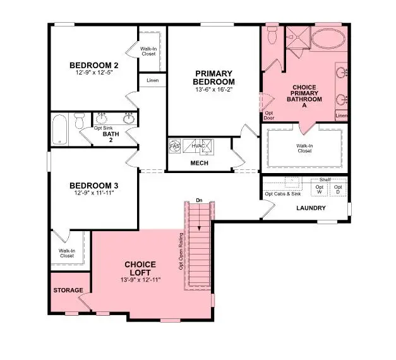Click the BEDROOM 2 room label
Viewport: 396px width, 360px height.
[x=93, y=66]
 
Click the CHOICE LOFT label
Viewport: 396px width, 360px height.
[x=140, y=268]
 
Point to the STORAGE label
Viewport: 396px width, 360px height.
[x=68, y=291]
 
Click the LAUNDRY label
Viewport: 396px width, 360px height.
[x=311, y=208]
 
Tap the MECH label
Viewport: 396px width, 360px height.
[x=200, y=163]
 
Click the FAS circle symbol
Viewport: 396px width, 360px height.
[x=175, y=147]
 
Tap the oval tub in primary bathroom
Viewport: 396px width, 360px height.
[x=327, y=40]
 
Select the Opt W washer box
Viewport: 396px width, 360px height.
[x=320, y=189]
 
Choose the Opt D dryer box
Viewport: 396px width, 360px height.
[x=338, y=189]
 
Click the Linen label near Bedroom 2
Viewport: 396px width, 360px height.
[x=152, y=81]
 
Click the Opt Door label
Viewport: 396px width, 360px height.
[x=269, y=116]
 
